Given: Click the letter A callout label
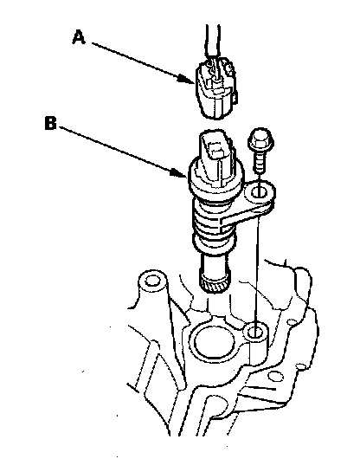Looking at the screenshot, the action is tap(79, 37).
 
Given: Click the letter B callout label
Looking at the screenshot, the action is tap(50, 123).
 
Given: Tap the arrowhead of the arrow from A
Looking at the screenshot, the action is tap(187, 79).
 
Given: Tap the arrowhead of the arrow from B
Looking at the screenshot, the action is tap(178, 172).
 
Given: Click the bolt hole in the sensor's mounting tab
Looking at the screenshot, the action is tap(259, 192).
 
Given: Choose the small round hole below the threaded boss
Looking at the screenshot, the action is tap(274, 376).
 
